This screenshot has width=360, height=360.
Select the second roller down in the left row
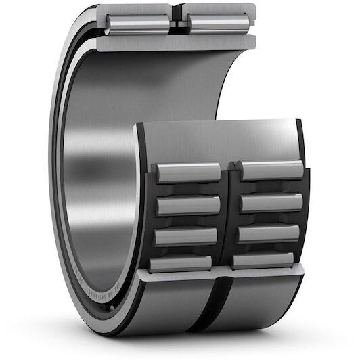coord(188,205)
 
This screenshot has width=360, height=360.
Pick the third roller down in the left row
coord(187,236)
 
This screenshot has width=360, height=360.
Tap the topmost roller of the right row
coord(271,170)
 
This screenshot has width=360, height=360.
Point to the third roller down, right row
coord(269,233)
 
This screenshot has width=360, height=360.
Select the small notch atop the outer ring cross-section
coord(177,9)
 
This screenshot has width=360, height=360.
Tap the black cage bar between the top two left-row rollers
coord(189,189)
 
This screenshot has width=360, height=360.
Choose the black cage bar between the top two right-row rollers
coord(271,186)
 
